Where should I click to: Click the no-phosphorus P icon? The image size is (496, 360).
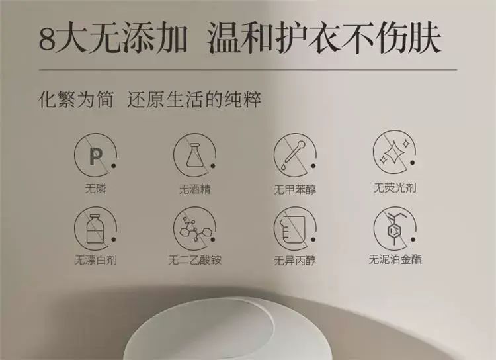coord(95,156)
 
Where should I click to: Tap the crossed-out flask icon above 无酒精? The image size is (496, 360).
coord(195,156)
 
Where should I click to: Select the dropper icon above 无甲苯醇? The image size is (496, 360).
coord(295,156)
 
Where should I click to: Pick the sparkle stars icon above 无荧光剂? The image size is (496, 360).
coord(395,153)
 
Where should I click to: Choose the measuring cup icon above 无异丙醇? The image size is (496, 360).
coord(295,229)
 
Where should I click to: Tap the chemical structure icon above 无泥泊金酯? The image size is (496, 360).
coord(395,229)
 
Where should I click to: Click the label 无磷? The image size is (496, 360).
coord(95,189)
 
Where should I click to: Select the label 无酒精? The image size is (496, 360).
coord(195,189)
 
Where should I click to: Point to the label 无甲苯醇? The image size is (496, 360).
coord(295,189)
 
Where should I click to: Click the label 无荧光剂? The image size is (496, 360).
coord(395,188)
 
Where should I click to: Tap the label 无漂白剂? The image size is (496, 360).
coord(95,260)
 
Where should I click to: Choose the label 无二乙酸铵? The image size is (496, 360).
coord(195,260)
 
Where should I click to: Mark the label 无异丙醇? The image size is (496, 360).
coord(295,261)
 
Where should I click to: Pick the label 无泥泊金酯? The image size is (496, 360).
coord(395,259)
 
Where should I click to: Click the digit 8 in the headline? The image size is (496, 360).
coord(48,40)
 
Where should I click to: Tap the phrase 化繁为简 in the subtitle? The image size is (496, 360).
coord(76,99)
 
